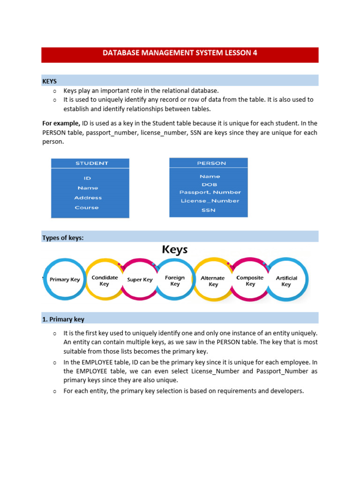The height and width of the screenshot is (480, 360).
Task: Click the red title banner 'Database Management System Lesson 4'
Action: point(180,53)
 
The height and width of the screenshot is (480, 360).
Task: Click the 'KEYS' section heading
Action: point(50,81)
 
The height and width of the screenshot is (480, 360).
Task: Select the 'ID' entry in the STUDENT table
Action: point(87,178)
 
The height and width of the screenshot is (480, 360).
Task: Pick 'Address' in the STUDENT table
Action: point(88,198)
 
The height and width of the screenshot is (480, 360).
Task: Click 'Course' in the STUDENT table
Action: point(87,208)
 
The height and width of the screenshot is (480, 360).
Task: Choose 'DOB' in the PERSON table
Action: point(210,184)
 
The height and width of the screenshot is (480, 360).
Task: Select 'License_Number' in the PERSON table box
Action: point(210,201)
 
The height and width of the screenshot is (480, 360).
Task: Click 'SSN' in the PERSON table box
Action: point(209,210)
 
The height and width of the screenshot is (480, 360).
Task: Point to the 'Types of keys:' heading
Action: point(63,238)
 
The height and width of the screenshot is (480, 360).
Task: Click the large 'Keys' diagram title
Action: point(175,249)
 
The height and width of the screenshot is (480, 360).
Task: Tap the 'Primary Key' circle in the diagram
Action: point(65,280)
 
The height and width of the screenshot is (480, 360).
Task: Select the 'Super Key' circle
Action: point(140,280)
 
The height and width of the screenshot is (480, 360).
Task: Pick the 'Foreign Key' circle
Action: point(175,280)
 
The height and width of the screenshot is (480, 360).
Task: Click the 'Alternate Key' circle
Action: point(213,281)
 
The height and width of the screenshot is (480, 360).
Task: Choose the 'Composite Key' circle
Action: point(250,280)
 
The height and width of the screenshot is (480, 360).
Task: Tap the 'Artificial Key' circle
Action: point(286,281)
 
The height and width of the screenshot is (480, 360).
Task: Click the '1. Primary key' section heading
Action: point(63,319)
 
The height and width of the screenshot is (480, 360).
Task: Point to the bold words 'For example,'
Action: point(61,123)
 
